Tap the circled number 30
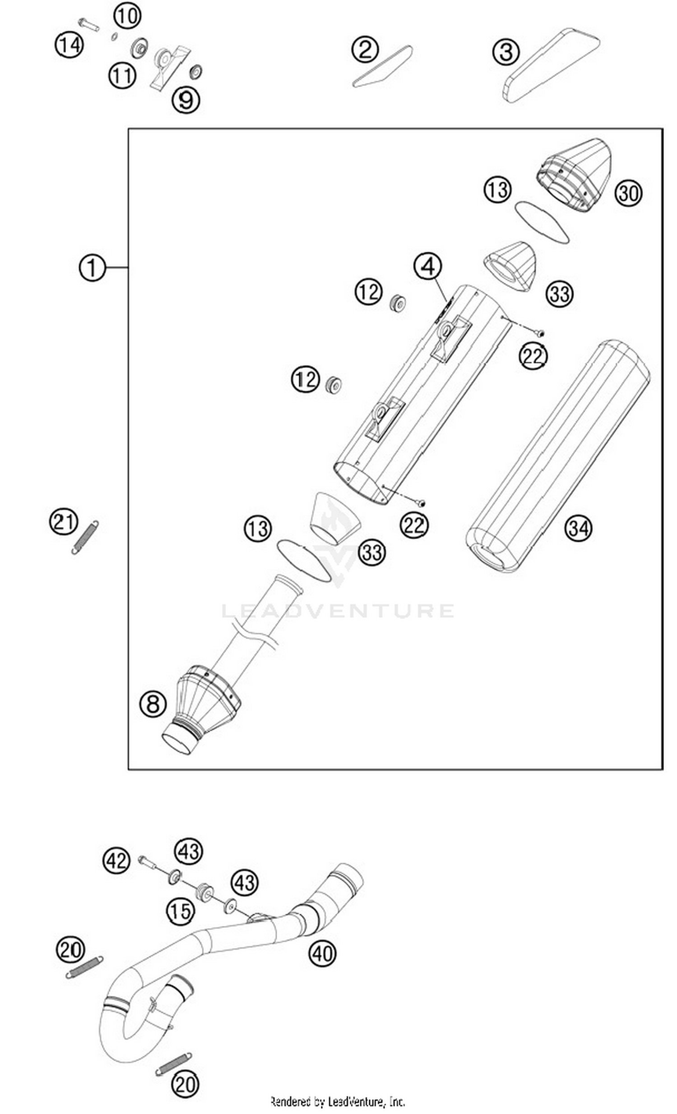coord(628,193)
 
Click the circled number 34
coord(578,528)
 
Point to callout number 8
coord(153,704)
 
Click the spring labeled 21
coord(85,537)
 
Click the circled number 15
coord(181,911)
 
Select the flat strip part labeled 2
coord(382,66)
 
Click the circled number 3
coord(506,51)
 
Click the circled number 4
coord(428,266)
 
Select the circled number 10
coord(127,16)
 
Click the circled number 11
coord(122,75)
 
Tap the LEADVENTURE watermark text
coord(338,611)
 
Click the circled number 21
coord(63,522)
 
